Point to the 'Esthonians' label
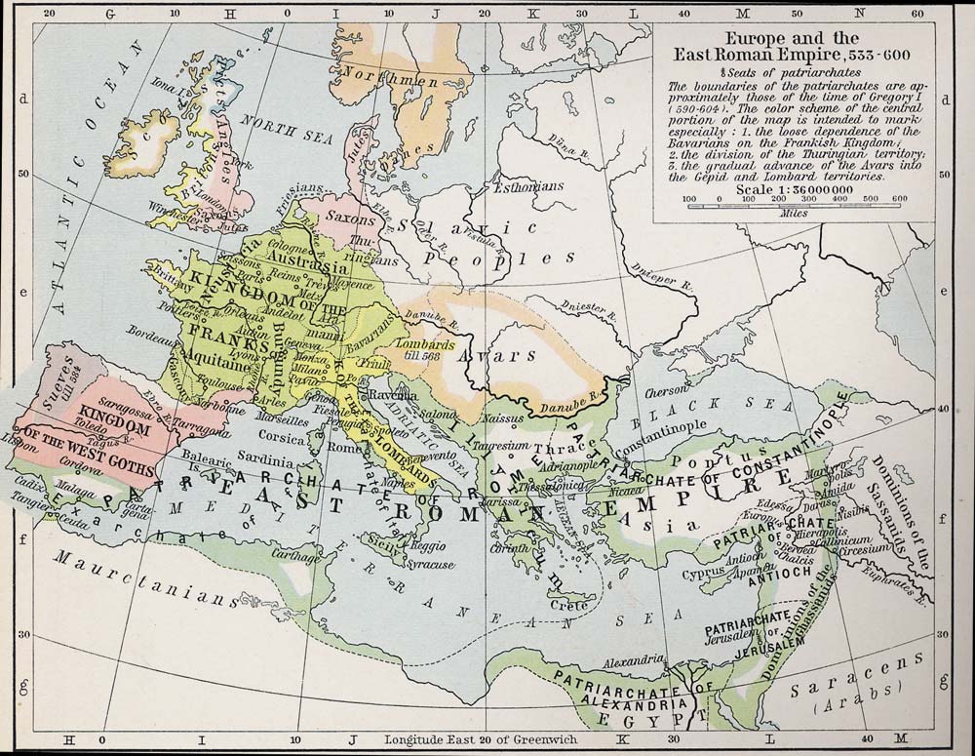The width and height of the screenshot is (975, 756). (529, 184)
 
